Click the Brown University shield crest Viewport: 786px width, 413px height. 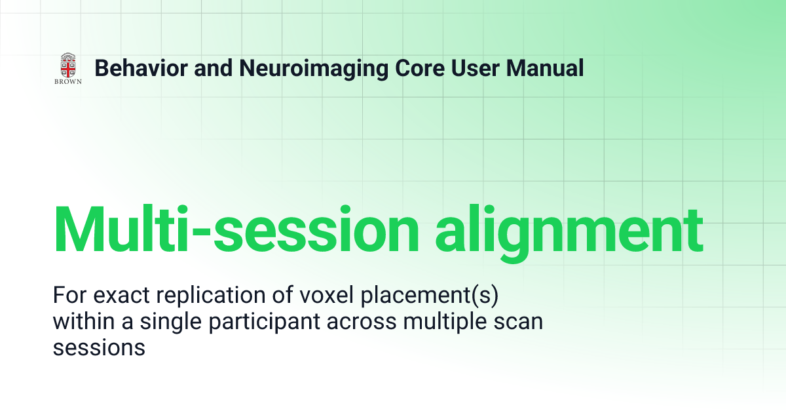click(68, 65)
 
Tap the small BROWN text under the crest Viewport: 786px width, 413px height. click(68, 81)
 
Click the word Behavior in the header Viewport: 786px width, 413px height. click(141, 68)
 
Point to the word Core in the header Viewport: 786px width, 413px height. click(420, 68)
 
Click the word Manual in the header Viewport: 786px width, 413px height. click(544, 68)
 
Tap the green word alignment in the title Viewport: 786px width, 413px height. click(569, 232)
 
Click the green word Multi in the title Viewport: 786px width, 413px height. click(121, 228)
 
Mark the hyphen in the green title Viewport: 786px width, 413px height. click(201, 233)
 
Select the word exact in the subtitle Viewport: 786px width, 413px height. click(121, 295)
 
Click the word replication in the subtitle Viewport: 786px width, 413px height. click(210, 296)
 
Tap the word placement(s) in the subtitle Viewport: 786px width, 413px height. click(429, 296)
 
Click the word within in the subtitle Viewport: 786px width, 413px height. click(84, 321)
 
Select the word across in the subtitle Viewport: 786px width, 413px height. click(362, 323)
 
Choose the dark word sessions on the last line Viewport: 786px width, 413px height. click(99, 349)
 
